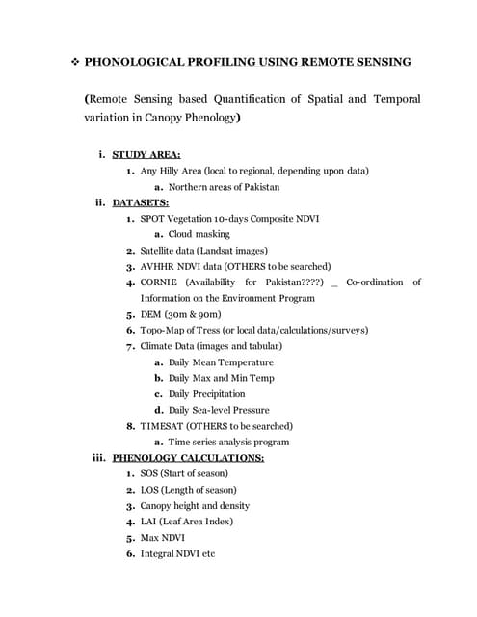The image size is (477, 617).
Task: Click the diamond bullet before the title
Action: [71, 62]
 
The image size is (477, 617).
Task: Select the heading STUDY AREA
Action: [146, 154]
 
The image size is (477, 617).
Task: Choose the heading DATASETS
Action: [141, 202]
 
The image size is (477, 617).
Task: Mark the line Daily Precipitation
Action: [206, 393]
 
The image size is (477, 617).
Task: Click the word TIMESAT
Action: [163, 425]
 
